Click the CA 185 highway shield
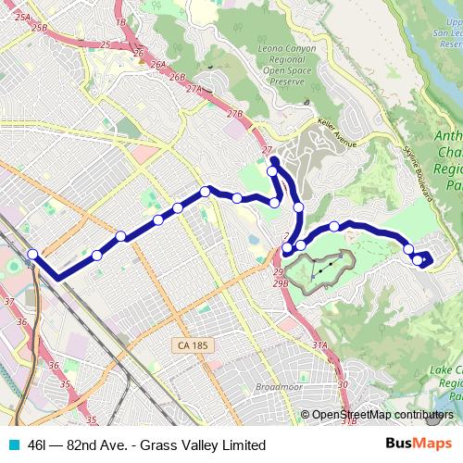[x=192, y=345]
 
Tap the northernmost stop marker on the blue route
[x=273, y=170]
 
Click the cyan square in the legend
[x=13, y=445]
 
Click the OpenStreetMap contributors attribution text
[x=382, y=415]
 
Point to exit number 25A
[x=23, y=19]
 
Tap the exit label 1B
[x=120, y=21]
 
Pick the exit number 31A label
[x=320, y=344]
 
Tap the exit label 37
[x=9, y=302]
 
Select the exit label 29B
[x=281, y=283]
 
